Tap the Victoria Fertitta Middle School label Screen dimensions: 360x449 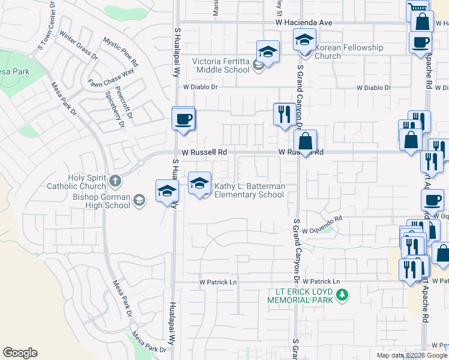(x=220, y=65)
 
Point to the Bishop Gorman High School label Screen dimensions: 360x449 (x=101, y=201)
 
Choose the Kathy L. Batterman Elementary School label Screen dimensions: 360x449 (x=249, y=191)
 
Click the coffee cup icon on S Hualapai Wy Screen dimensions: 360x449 (x=183, y=118)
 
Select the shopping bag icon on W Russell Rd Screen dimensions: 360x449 (x=306, y=142)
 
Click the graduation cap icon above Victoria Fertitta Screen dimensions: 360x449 (x=268, y=52)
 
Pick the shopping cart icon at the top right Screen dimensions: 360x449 (x=417, y=8)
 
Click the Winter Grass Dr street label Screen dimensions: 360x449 (x=79, y=45)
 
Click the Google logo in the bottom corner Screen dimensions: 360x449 (x=20, y=353)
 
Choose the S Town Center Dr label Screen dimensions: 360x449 (x=46, y=32)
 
